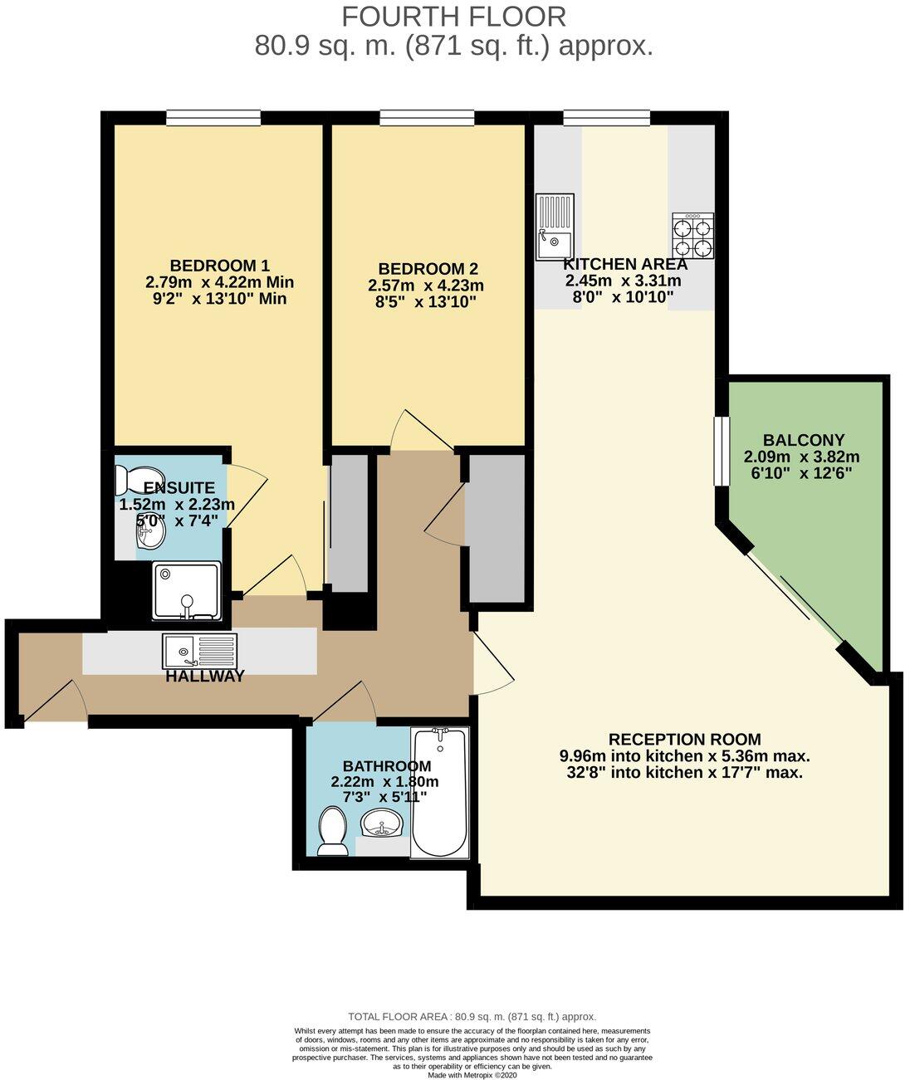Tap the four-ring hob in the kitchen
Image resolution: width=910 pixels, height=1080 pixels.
[x=692, y=236]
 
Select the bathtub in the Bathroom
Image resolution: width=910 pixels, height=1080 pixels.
[x=440, y=793]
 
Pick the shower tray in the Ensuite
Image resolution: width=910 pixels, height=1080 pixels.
[x=187, y=590]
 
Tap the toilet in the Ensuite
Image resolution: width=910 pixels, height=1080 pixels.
[x=129, y=480]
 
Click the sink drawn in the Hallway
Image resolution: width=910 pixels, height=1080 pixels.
[x=199, y=651]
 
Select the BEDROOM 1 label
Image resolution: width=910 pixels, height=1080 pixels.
[x=219, y=266]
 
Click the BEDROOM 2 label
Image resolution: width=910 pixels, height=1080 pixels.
[x=428, y=269]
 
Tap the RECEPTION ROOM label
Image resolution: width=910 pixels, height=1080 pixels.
[x=684, y=739]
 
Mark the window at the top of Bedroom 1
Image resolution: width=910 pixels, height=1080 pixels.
[x=213, y=118]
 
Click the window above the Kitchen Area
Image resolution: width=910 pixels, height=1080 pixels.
[x=606, y=118]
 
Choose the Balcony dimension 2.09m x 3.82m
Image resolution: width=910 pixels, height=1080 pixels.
[x=801, y=457]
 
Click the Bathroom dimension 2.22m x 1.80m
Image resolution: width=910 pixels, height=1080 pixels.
[x=384, y=781]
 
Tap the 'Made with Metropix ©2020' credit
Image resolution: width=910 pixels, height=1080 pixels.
[x=472, y=1074]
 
